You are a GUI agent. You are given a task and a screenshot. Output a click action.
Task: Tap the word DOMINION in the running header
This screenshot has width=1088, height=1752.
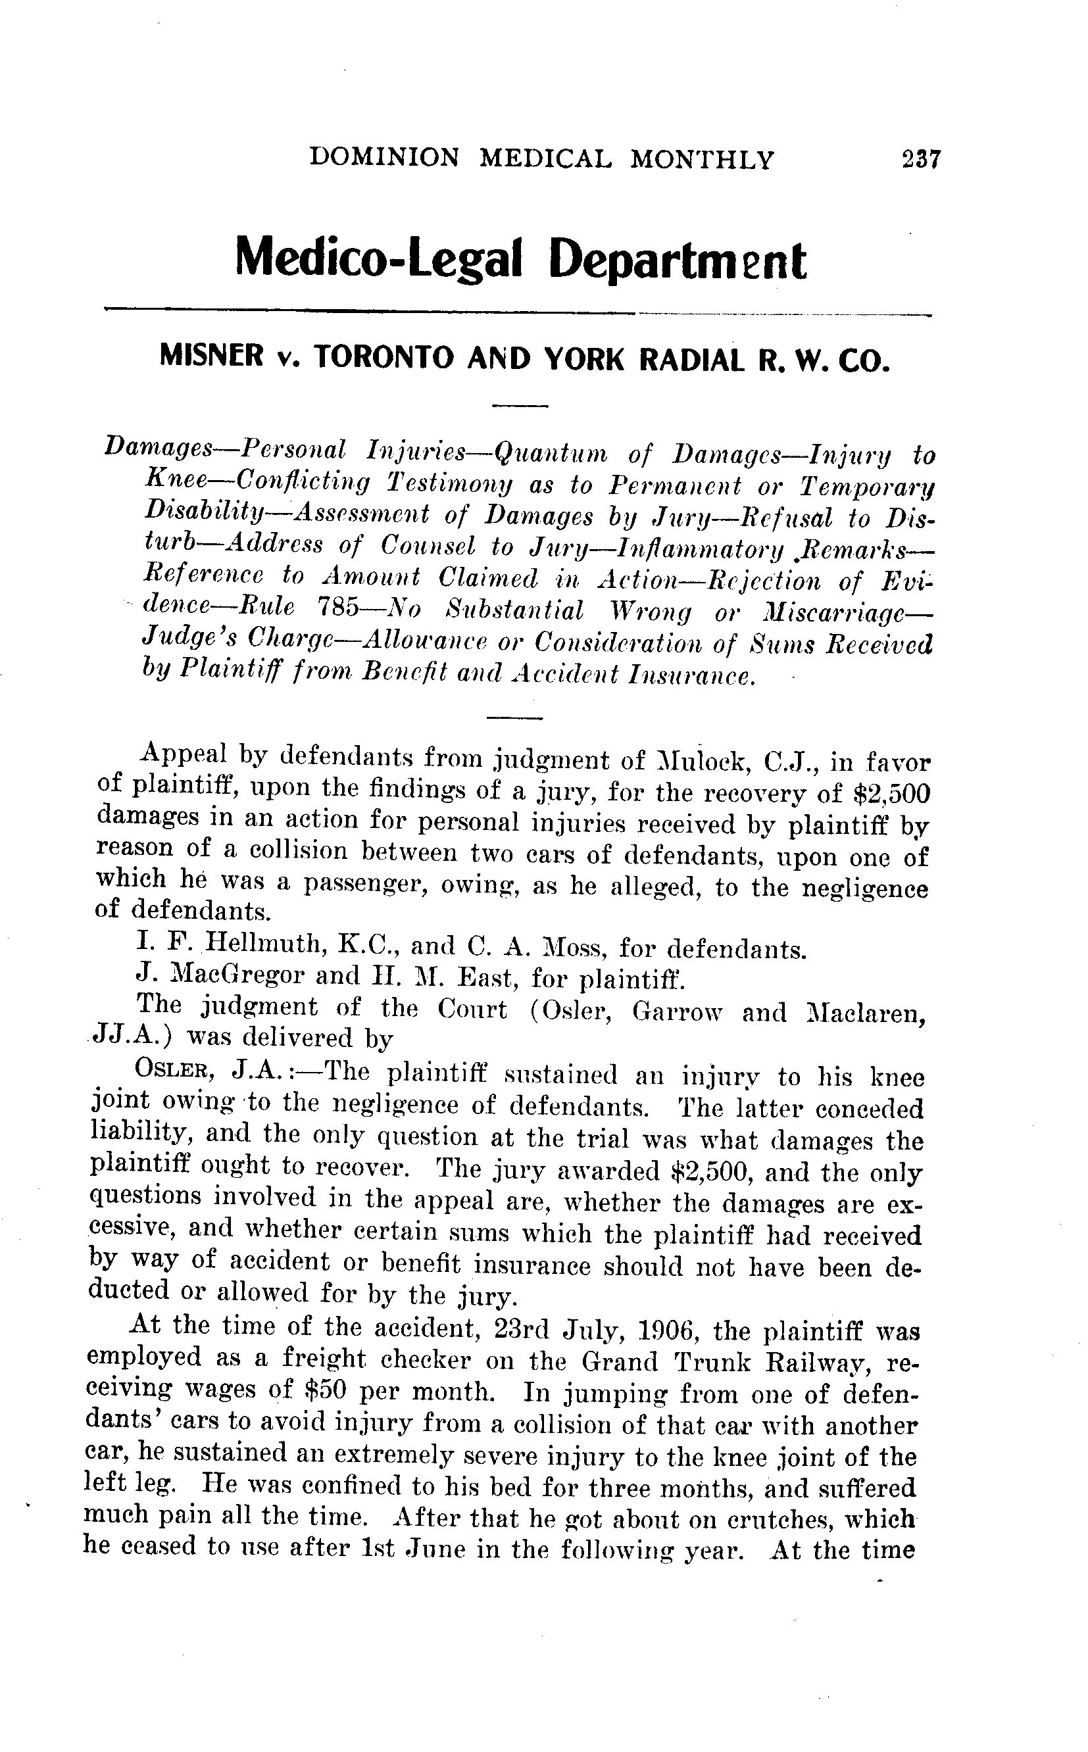[x=383, y=157]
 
